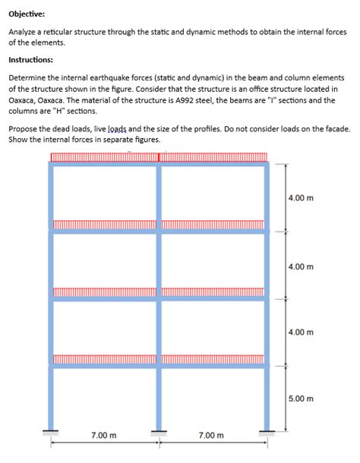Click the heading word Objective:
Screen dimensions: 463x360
coord(27,14)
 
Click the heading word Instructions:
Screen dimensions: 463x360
coord(30,60)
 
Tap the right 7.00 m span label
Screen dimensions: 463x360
coord(210,436)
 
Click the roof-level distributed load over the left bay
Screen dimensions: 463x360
coord(104,158)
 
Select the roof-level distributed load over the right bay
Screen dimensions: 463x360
coord(213,158)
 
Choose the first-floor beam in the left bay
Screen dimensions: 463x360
coord(105,365)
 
